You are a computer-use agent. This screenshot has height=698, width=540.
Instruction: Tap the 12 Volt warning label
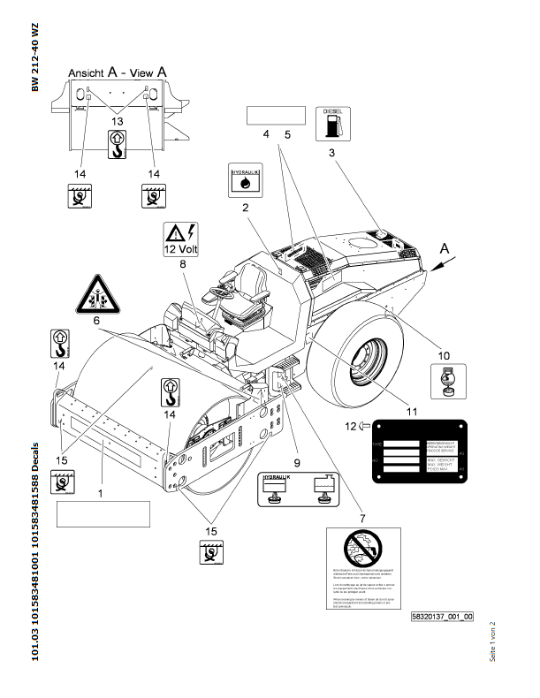[182, 238]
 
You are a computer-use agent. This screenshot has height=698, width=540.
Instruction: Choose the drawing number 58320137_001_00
[443, 617]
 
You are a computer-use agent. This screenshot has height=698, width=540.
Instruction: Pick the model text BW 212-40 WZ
[35, 57]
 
